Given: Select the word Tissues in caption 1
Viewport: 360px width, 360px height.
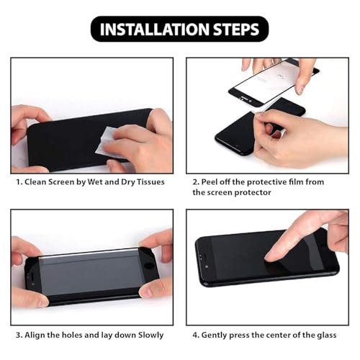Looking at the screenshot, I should pyautogui.click(x=148, y=182).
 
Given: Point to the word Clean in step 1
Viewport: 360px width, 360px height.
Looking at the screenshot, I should pyautogui.click(x=39, y=182).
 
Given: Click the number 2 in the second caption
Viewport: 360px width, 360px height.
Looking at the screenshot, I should pyautogui.click(x=195, y=182).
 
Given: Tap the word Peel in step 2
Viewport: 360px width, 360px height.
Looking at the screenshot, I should pyautogui.click(x=213, y=182).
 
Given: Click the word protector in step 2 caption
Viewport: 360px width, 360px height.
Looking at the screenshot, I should pyautogui.click(x=258, y=193).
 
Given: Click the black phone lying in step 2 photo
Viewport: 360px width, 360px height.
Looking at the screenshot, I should pyautogui.click(x=238, y=130).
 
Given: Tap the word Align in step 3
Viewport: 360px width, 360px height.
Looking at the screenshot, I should pyautogui.click(x=39, y=335).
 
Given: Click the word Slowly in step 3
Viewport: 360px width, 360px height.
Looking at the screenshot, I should pyautogui.click(x=148, y=335).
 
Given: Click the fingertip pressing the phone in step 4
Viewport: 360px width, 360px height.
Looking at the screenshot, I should pyautogui.click(x=271, y=253).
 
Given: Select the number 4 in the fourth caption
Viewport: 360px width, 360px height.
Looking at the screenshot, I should pyautogui.click(x=195, y=335).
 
